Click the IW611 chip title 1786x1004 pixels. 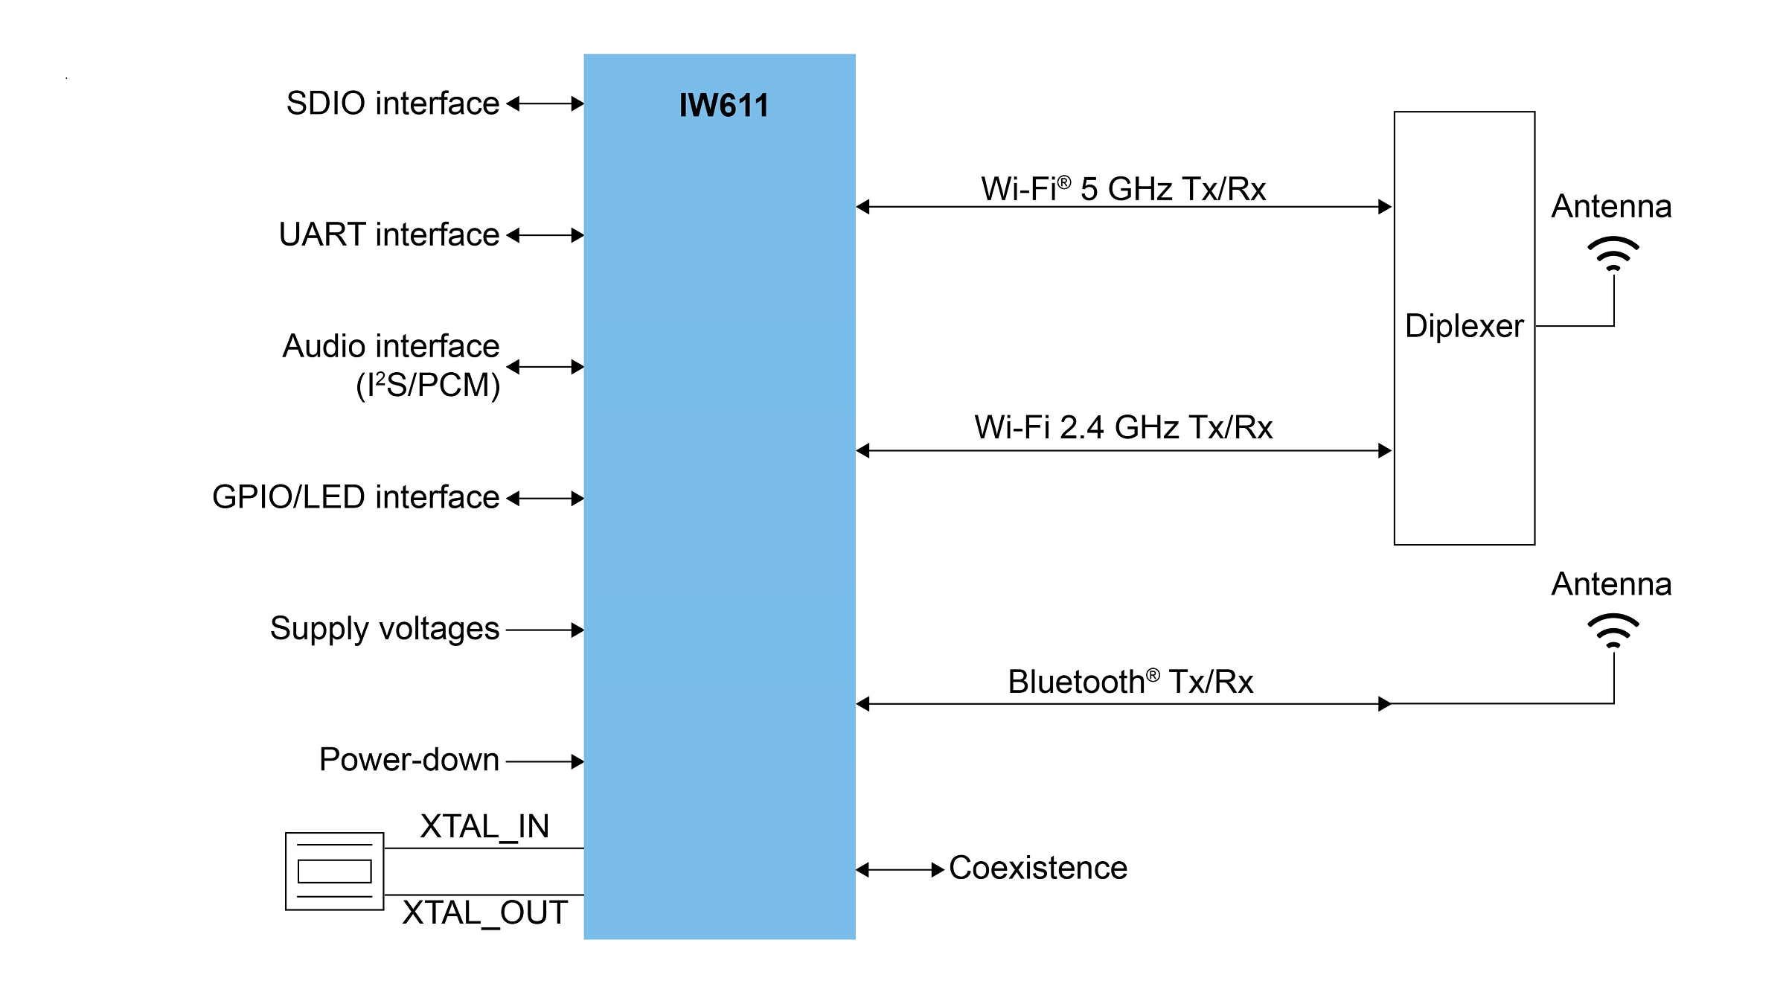[723, 105]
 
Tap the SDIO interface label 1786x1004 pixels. [392, 103]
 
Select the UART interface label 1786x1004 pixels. [388, 234]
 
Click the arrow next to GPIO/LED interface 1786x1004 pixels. [545, 498]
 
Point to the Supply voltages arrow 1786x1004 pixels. [545, 630]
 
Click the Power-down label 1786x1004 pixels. [409, 760]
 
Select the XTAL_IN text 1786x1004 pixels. [484, 826]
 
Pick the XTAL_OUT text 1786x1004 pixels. [484, 913]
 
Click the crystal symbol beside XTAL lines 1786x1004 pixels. [334, 871]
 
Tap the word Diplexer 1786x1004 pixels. [1464, 326]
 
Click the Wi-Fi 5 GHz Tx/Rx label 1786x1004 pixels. [1123, 189]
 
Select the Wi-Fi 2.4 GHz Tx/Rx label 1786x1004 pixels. [1123, 428]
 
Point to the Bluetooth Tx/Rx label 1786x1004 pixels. [1130, 682]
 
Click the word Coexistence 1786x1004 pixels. [1037, 868]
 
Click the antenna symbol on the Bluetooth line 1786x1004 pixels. [1613, 631]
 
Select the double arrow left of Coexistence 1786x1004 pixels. [900, 869]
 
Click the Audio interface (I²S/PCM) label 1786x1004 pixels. [391, 365]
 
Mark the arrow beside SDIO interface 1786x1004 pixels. [545, 103]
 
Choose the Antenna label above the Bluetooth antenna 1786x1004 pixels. [1611, 584]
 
